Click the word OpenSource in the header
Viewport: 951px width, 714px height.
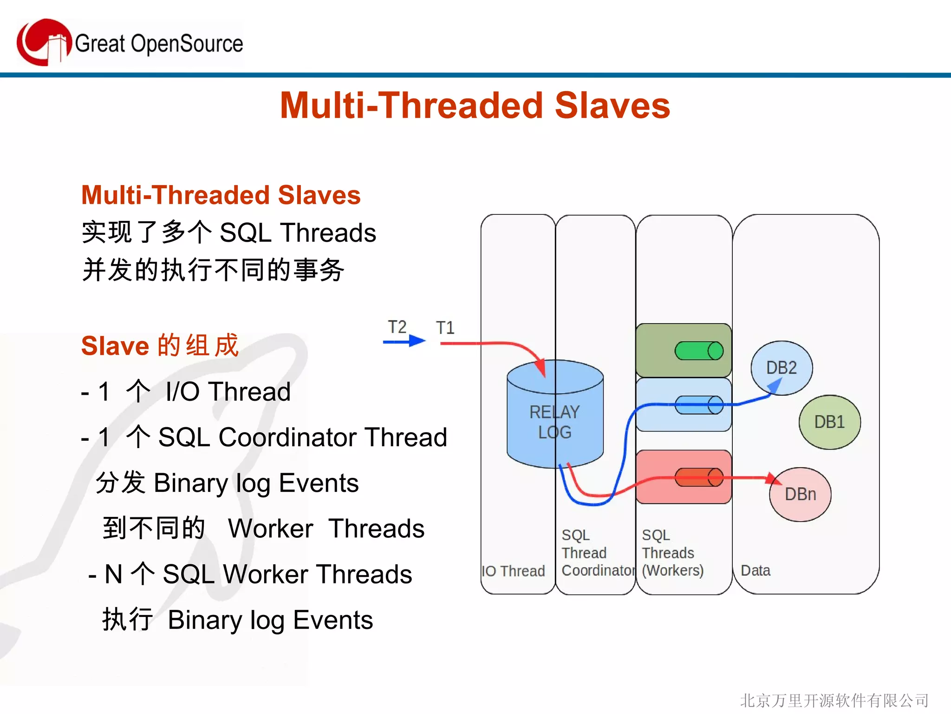point(187,44)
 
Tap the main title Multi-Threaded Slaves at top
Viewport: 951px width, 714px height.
point(475,106)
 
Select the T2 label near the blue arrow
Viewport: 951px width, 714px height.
point(397,327)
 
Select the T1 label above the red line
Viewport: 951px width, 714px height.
point(445,328)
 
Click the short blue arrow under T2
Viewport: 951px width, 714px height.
point(404,342)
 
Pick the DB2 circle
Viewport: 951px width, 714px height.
point(782,367)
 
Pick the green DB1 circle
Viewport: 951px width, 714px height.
point(829,422)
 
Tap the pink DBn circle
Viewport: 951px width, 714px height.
point(800,494)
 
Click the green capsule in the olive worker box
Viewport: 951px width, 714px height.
point(699,351)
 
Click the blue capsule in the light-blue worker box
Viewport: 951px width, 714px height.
point(699,405)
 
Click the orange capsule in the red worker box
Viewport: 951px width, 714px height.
point(699,477)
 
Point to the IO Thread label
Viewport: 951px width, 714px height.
point(513,571)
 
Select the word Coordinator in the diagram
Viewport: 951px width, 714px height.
point(598,570)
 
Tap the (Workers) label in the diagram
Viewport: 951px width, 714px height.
point(672,570)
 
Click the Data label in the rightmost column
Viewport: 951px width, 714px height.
point(756,570)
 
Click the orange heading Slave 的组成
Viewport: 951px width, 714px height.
point(160,345)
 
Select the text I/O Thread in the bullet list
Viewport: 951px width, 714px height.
point(228,391)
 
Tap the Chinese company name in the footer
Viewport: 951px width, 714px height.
point(834,701)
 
